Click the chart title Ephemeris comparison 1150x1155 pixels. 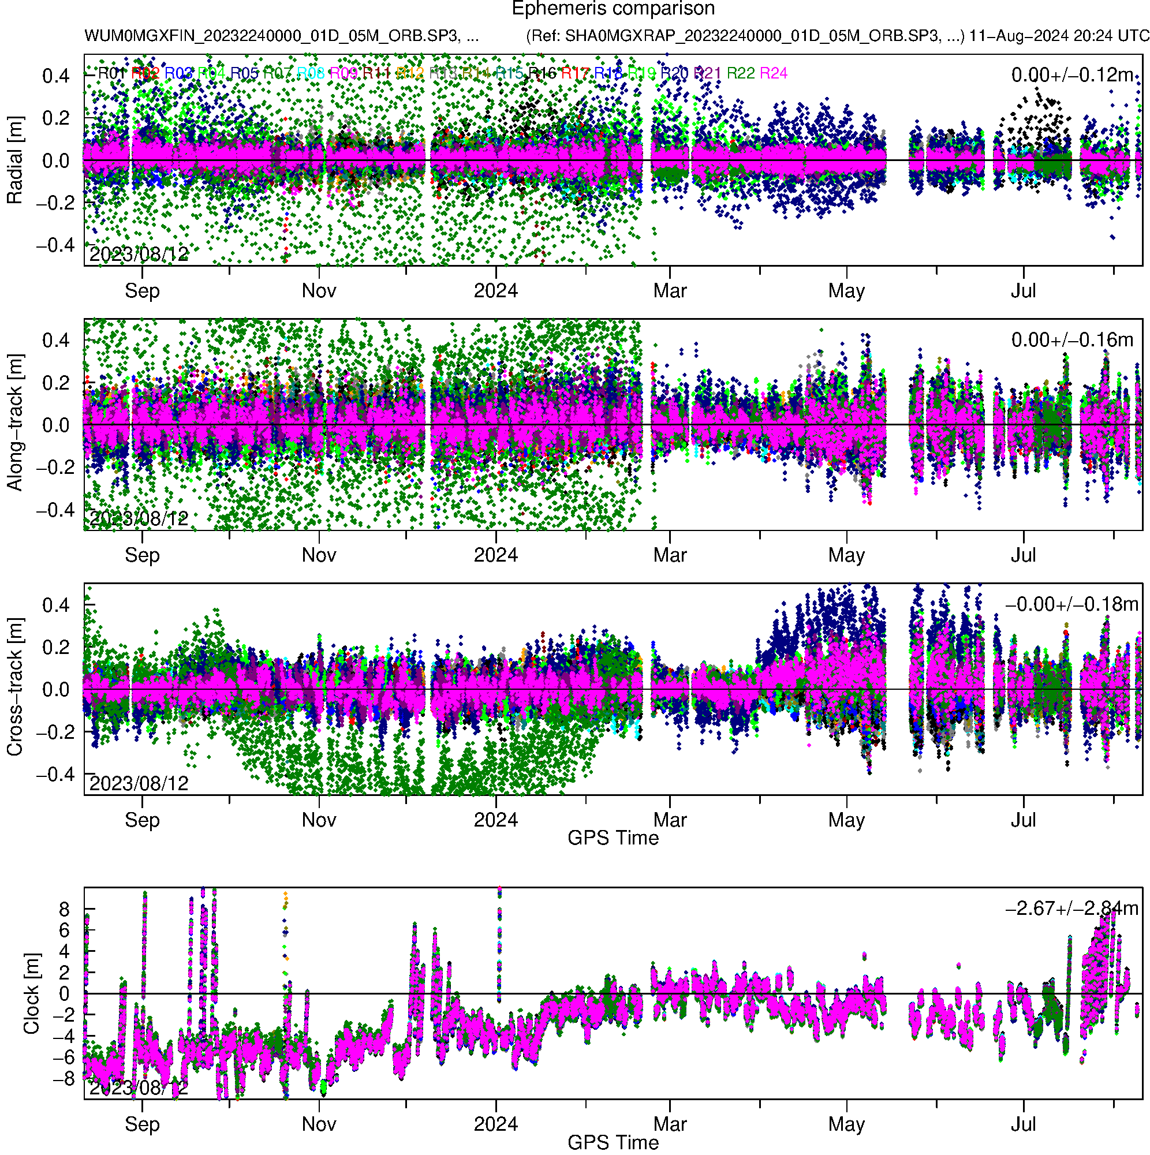[613, 9]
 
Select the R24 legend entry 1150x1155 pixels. [772, 73]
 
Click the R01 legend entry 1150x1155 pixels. [111, 73]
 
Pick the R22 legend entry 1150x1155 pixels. [740, 73]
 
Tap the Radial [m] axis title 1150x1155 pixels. [14, 160]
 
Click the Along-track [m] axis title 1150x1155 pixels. [14, 423]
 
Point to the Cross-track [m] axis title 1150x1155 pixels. [14, 687]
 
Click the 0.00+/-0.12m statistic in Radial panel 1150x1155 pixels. [1072, 75]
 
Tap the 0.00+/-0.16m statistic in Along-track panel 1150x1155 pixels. [1072, 340]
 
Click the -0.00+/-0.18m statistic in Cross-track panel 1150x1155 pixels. [1071, 604]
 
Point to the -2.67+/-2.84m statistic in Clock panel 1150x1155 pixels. [1071, 909]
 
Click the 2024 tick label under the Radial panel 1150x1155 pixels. [496, 291]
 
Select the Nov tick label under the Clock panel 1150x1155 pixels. [319, 1124]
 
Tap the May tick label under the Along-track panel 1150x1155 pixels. [846, 555]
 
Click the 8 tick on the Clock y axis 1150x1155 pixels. [64, 910]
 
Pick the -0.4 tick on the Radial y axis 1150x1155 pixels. [55, 245]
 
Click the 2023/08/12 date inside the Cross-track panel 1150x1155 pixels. [139, 783]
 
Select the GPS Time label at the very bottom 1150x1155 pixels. [613, 1142]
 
